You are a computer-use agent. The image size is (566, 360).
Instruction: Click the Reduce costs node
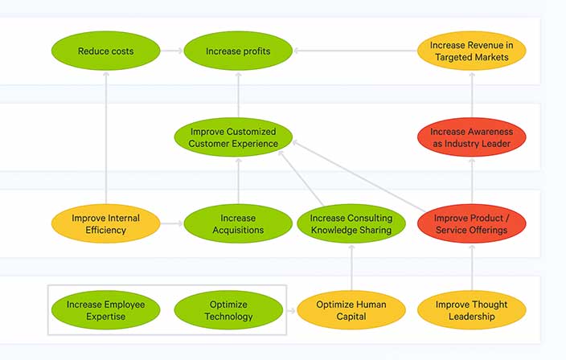click(105, 51)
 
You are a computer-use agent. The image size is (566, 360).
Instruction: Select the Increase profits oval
click(238, 51)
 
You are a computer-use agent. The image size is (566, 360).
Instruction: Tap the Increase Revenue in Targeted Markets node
click(472, 51)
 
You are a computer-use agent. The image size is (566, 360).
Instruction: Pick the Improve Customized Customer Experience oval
click(233, 137)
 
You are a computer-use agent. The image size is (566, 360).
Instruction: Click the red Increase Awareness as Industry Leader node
click(472, 137)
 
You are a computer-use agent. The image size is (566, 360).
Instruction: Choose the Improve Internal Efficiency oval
click(105, 224)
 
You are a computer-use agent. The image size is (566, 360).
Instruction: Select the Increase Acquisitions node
click(238, 224)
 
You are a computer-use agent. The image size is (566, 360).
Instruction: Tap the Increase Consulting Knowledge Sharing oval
click(351, 224)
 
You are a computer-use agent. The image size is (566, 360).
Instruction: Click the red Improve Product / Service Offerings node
click(472, 224)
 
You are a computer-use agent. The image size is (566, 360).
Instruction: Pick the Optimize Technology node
click(228, 310)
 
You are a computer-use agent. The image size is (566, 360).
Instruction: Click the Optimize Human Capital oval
click(351, 310)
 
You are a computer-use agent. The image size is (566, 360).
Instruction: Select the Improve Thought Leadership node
click(472, 310)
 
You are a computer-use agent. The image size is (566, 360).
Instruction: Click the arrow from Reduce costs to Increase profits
click(170, 51)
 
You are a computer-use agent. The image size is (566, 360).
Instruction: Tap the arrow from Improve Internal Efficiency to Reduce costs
click(105, 137)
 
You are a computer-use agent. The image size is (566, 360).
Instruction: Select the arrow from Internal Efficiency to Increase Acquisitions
click(170, 224)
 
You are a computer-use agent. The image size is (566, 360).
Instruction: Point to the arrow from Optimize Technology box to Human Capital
click(291, 310)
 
